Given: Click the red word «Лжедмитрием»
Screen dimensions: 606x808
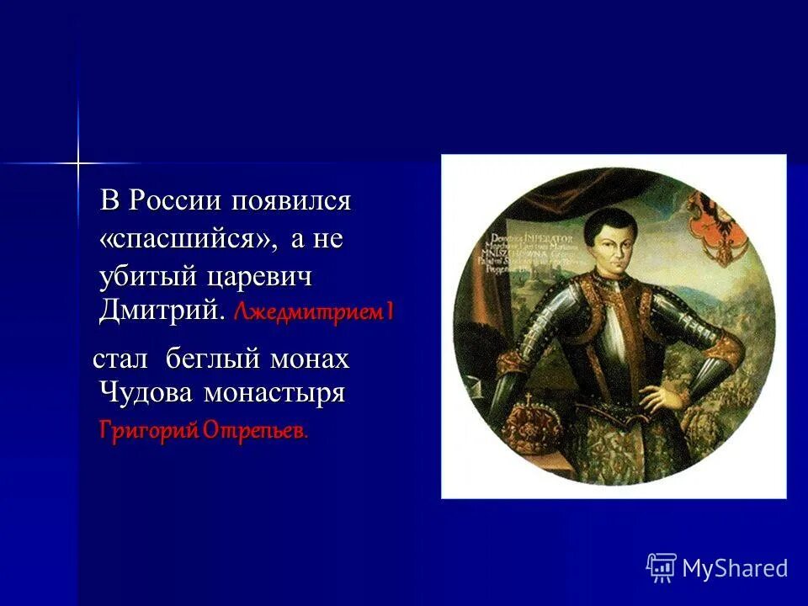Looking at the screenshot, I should [x=308, y=313].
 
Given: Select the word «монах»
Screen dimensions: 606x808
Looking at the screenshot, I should [x=309, y=360].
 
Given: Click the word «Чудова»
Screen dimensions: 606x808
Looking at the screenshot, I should [x=148, y=392].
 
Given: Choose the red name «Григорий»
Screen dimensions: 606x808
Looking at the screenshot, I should [x=149, y=432].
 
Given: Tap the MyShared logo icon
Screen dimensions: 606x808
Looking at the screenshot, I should [x=662, y=568].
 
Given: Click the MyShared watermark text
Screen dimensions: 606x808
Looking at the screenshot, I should [x=735, y=568].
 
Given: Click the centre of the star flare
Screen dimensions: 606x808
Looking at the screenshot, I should [x=77, y=162].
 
